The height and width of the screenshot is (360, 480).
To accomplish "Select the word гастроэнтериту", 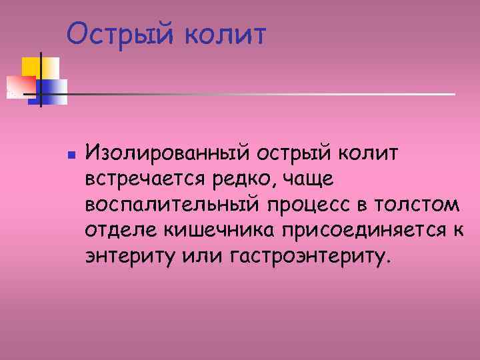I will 307,256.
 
